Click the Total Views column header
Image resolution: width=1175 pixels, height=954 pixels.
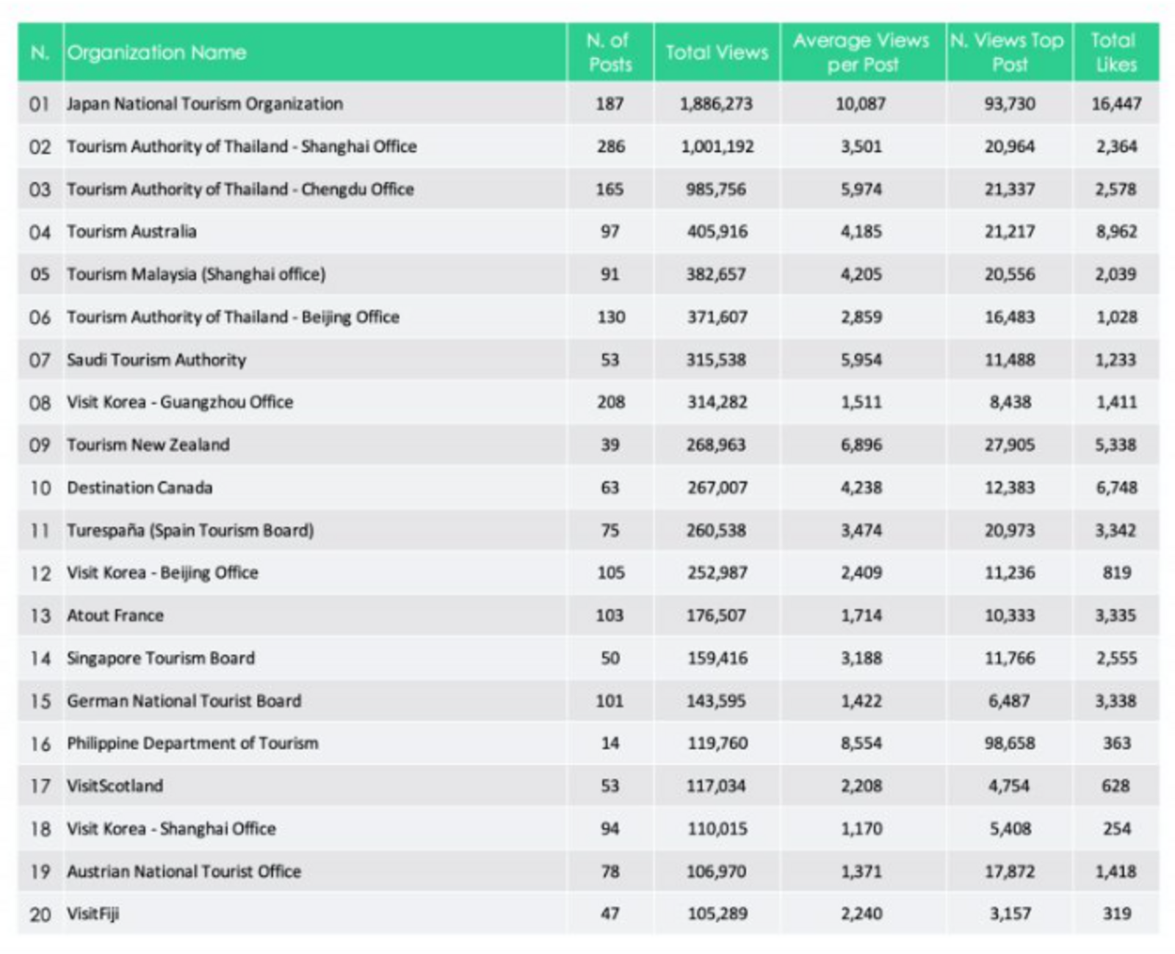[716, 52]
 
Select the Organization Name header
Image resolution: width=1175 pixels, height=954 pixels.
[156, 52]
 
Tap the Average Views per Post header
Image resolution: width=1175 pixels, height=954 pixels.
[861, 52]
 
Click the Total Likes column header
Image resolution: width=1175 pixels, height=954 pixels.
[1115, 52]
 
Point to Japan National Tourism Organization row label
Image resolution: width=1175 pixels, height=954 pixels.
[204, 103]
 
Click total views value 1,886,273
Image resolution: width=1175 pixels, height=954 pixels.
[716, 103]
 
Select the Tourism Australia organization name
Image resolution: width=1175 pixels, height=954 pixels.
[131, 231]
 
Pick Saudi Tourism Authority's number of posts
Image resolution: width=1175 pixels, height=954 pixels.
[610, 360]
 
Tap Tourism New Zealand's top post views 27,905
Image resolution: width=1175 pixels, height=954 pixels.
[1010, 445]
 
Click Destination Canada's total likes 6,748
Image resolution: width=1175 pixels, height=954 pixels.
[1116, 487]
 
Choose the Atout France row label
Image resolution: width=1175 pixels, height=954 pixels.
[115, 615]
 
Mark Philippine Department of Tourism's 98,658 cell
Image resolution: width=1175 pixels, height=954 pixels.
[1010, 743]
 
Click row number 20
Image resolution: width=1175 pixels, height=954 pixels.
[40, 914]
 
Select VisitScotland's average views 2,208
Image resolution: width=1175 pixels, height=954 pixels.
[861, 785]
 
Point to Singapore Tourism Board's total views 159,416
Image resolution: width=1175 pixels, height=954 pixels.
[717, 658]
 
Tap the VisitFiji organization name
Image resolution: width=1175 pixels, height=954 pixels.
[93, 914]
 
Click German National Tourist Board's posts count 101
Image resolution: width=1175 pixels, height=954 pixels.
[610, 701]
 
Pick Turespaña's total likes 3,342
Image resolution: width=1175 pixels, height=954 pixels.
[1116, 530]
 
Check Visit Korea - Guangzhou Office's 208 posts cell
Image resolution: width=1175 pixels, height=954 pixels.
[610, 402]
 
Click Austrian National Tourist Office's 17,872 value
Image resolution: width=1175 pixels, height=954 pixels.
[1010, 871]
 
